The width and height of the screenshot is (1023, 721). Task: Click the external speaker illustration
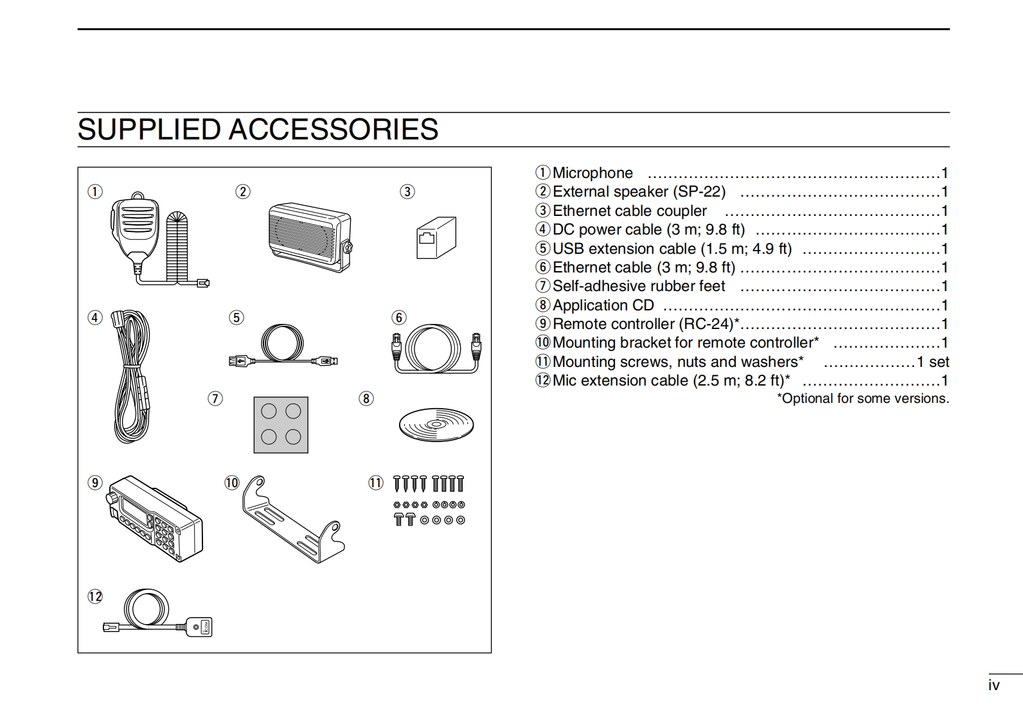308,237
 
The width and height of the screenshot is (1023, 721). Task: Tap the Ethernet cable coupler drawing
436,238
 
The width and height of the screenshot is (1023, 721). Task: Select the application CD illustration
436,424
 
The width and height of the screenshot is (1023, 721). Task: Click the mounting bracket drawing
292,521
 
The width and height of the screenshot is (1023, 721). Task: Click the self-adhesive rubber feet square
281,425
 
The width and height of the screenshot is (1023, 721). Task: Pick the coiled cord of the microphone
177,247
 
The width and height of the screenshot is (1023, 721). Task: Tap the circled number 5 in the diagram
237,317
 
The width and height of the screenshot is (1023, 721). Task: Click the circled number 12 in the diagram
95,597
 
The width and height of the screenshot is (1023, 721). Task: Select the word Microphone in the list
592,173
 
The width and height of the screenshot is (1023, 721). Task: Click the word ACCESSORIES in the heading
334,129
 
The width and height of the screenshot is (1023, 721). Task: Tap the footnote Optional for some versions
862,398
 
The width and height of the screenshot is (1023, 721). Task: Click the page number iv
993,685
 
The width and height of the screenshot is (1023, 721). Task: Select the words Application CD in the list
603,305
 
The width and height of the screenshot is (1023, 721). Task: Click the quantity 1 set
932,362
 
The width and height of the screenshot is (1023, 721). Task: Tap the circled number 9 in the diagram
95,483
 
